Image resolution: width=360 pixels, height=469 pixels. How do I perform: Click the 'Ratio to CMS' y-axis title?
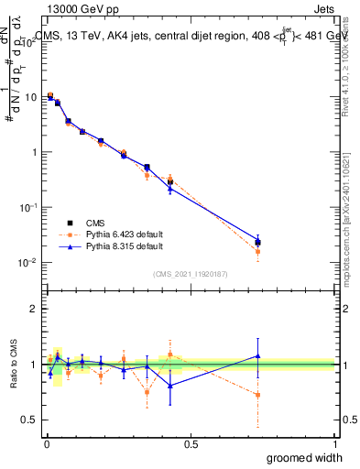[13, 364]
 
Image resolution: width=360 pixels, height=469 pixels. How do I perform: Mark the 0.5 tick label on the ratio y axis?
[29, 420]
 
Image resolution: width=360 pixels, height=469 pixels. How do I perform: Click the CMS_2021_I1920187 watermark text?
[190, 274]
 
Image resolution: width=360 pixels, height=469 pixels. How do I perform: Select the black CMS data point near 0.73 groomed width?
[258, 242]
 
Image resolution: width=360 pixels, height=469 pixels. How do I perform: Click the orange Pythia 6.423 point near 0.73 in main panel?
[258, 251]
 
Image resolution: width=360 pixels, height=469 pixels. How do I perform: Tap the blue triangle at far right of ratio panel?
[258, 355]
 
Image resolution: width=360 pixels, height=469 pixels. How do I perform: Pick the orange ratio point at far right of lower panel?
[258, 395]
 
